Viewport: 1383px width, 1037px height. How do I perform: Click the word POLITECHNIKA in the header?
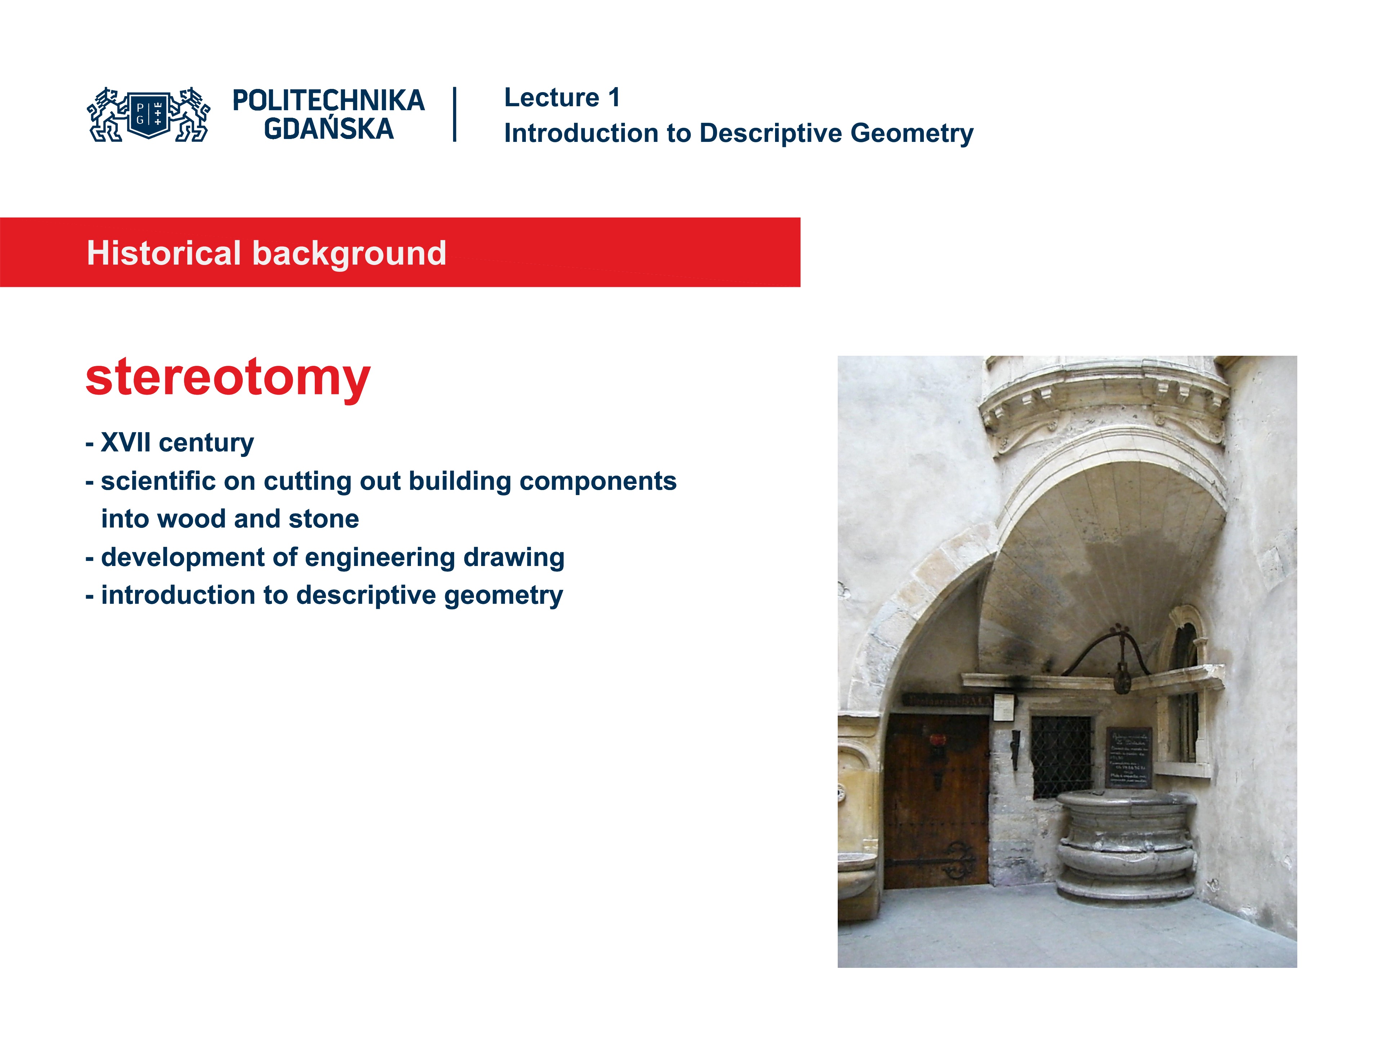(328, 100)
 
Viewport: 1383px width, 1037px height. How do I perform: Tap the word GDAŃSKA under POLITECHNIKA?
(328, 129)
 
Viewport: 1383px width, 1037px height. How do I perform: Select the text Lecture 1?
(561, 98)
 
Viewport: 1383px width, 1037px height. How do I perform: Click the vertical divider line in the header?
(455, 115)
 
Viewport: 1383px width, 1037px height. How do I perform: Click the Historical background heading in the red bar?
(267, 253)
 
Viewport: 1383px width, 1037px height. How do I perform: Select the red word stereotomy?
(228, 378)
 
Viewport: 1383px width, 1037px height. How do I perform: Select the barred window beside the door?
(1061, 757)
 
